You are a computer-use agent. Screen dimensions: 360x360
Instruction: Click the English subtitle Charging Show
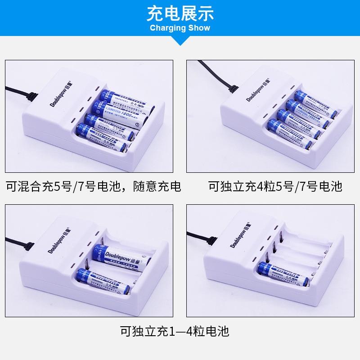pyautogui.click(x=180, y=28)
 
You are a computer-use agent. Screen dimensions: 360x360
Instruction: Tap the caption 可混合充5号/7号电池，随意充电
pyautogui.click(x=94, y=186)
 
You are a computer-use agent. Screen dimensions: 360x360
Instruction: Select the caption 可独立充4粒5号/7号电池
pyautogui.click(x=275, y=186)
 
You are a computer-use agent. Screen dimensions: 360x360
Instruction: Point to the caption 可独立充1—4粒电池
pyautogui.click(x=175, y=332)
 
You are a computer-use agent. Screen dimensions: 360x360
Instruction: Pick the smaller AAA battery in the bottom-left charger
pyautogui.click(x=106, y=281)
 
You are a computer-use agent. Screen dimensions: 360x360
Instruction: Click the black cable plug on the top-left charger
pyautogui.click(x=31, y=96)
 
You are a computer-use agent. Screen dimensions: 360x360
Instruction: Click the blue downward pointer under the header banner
pyautogui.click(x=180, y=41)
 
